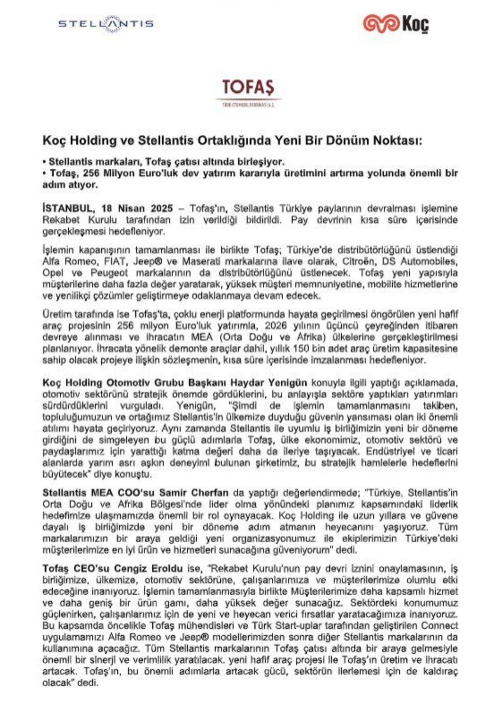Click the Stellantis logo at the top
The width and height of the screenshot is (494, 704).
[106, 23]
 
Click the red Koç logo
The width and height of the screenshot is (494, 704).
[396, 23]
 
